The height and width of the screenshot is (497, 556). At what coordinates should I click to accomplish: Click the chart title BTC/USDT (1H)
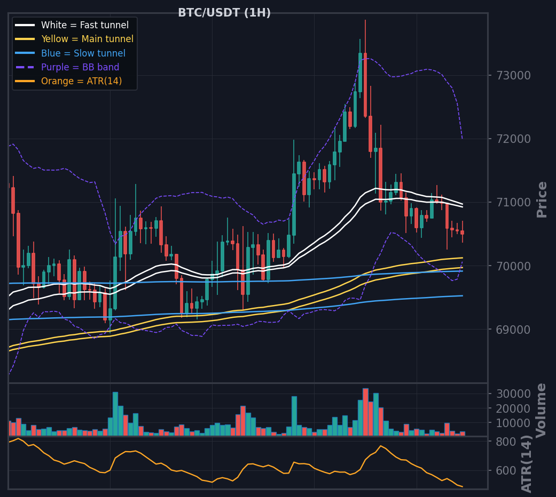click(224, 13)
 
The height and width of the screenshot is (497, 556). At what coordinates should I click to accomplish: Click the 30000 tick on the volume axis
click(513, 394)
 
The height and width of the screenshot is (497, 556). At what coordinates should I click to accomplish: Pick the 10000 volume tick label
click(513, 423)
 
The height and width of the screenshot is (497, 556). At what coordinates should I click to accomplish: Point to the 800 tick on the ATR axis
click(506, 442)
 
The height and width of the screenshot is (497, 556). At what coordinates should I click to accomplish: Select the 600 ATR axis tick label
click(506, 470)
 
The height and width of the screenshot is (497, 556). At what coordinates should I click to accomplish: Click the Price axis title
click(542, 199)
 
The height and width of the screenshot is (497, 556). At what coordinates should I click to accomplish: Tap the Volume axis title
click(541, 410)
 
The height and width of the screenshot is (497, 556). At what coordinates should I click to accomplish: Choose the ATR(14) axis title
click(527, 464)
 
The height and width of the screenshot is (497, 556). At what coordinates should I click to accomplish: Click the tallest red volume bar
click(365, 412)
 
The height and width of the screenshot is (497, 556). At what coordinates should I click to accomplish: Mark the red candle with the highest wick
click(365, 85)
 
